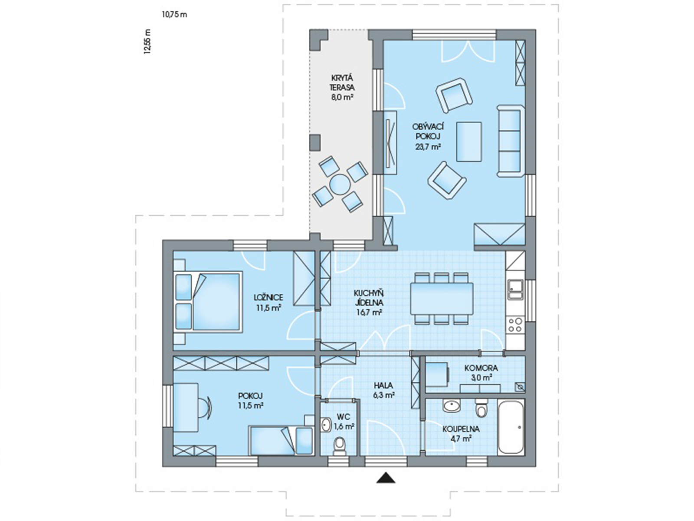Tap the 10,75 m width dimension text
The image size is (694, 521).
(174, 15)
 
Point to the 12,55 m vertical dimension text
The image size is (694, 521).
(147, 42)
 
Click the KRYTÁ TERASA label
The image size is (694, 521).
(342, 83)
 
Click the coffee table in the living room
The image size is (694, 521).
(469, 142)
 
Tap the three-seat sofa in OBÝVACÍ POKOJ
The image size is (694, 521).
(510, 141)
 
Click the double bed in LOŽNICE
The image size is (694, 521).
(208, 301)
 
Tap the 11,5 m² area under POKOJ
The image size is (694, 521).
(251, 405)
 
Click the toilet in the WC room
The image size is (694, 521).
(340, 447)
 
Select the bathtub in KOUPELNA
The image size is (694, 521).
(511, 427)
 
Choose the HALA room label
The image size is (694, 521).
(383, 386)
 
